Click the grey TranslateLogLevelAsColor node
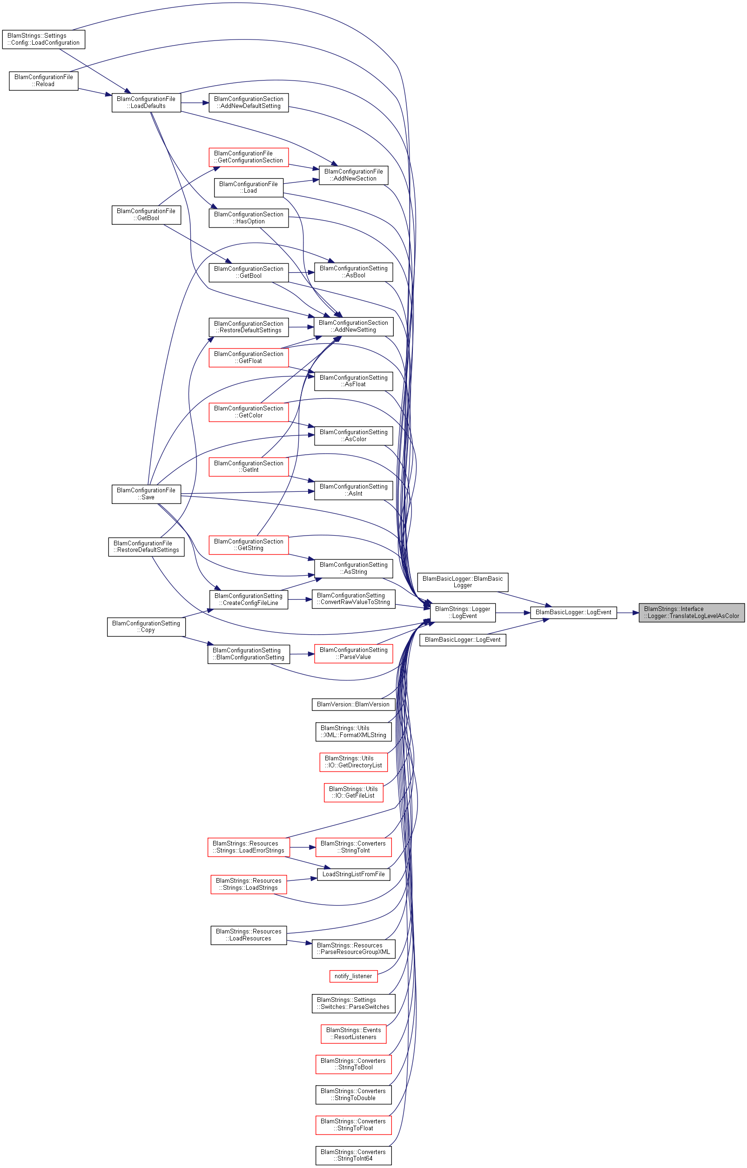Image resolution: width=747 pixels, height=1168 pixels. click(x=691, y=612)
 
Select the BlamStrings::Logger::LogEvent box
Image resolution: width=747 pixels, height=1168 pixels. click(x=462, y=612)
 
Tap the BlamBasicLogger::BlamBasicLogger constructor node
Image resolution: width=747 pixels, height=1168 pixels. click(x=462, y=582)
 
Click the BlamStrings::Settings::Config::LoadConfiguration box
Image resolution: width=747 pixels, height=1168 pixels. click(x=43, y=39)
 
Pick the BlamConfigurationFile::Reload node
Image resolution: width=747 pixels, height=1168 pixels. click(x=43, y=81)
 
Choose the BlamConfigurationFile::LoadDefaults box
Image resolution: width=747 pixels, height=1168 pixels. click(x=146, y=102)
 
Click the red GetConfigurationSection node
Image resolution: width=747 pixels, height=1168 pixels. click(x=249, y=157)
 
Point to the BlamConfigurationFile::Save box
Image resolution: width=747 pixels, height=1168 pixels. click(x=146, y=494)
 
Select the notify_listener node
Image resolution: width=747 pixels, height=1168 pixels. click(x=353, y=976)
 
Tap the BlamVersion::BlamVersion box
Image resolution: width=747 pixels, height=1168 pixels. click(x=353, y=705)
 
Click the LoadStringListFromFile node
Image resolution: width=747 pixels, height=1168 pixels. click(x=353, y=874)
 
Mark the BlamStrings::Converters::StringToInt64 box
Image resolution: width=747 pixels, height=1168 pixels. click(x=353, y=1155)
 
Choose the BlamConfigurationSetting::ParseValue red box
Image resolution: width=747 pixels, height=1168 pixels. click(x=353, y=653)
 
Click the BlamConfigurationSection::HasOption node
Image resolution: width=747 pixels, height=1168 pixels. click(x=249, y=218)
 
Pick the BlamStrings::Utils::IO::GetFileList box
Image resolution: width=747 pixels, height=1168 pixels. click(x=353, y=792)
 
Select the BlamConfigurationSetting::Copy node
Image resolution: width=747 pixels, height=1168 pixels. click(x=146, y=627)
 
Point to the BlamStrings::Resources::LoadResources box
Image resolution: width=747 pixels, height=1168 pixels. click(x=249, y=935)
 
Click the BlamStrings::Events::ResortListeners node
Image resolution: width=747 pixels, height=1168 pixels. click(x=353, y=1033)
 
